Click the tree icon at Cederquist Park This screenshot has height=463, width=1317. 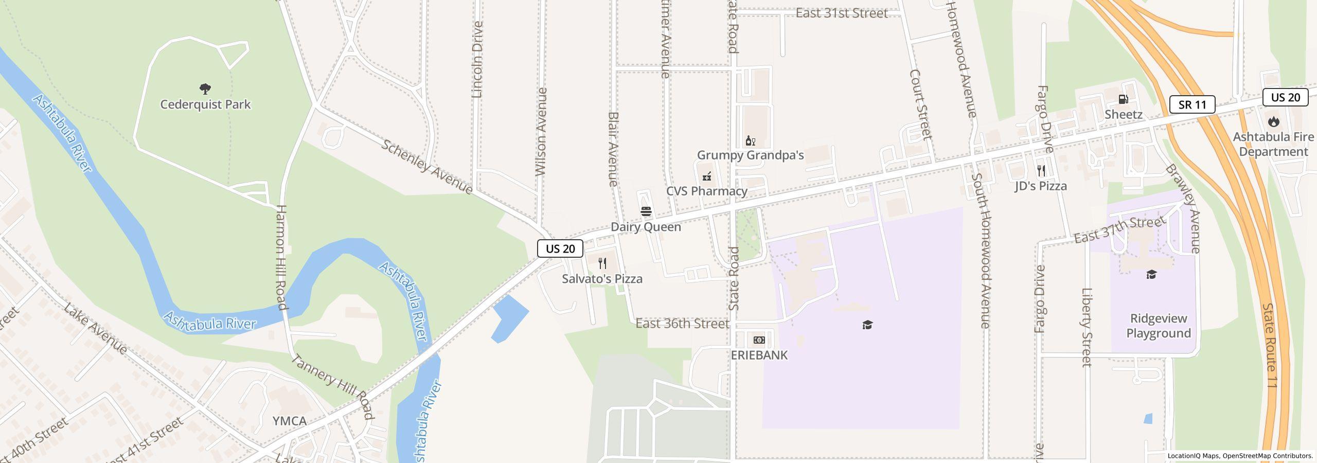click(x=205, y=89)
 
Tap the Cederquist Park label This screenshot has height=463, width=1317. click(x=205, y=104)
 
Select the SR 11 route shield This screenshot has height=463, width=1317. click(x=1192, y=104)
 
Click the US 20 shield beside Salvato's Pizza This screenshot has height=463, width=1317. click(x=560, y=248)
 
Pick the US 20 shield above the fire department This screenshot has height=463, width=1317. click(x=1285, y=97)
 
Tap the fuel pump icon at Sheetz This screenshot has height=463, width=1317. click(x=1123, y=99)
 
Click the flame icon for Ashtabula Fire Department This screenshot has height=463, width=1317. click(x=1273, y=122)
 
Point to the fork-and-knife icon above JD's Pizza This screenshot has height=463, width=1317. click(x=1041, y=170)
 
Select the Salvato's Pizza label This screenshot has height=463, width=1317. click(x=602, y=279)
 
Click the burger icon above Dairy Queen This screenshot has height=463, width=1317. click(x=646, y=211)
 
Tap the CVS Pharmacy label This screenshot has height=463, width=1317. click(x=706, y=191)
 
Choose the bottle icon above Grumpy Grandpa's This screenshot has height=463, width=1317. click(x=750, y=140)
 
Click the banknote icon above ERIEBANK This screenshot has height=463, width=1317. click(x=759, y=340)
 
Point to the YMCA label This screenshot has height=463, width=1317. click(x=289, y=421)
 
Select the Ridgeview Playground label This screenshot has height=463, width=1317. click(x=1159, y=326)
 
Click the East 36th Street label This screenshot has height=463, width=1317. click(x=682, y=324)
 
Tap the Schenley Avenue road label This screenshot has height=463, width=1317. click(x=427, y=166)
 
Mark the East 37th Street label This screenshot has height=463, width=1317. click(x=1119, y=230)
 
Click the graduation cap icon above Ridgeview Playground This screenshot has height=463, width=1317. click(x=1151, y=275)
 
